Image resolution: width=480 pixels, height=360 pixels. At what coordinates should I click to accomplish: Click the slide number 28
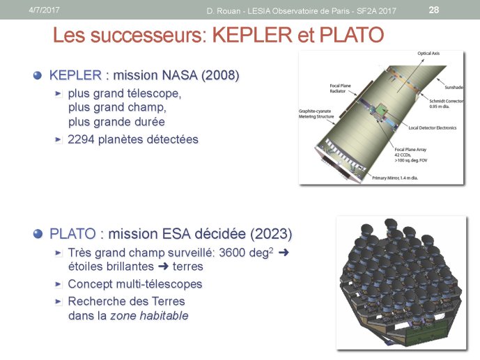tap(434, 10)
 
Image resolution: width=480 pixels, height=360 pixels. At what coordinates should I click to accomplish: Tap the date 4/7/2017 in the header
tap(44, 10)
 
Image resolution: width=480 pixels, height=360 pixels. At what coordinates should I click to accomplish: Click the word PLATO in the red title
tap(352, 35)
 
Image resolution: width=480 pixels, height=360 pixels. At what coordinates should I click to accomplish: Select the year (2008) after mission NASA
tap(220, 75)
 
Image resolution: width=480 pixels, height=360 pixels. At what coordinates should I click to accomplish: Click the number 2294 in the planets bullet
tap(81, 139)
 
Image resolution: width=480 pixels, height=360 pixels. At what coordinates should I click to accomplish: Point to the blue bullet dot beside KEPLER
tap(38, 75)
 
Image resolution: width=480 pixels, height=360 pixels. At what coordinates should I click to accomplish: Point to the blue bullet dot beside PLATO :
tap(38, 234)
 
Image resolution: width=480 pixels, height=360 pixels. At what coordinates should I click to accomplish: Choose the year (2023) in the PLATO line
tap(271, 234)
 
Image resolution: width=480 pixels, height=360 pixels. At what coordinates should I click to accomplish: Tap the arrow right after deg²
tap(284, 252)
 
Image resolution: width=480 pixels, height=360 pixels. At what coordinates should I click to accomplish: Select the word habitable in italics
tap(164, 315)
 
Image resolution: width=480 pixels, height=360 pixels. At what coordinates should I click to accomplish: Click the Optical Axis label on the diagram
tap(428, 53)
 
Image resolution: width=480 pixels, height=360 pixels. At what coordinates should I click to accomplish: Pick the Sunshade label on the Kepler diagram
tap(454, 87)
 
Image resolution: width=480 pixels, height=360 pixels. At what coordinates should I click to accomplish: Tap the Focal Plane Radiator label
tap(340, 88)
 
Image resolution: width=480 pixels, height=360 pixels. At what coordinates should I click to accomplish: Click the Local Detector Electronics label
tap(432, 128)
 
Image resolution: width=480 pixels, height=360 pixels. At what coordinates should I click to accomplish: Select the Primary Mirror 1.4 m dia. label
tap(395, 178)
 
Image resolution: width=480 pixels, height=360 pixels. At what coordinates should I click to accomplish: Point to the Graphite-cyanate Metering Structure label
tap(316, 114)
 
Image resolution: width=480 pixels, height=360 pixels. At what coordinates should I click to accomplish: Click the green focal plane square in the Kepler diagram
tap(380, 109)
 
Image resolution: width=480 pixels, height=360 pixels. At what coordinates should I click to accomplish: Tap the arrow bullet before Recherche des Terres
tap(58, 302)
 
